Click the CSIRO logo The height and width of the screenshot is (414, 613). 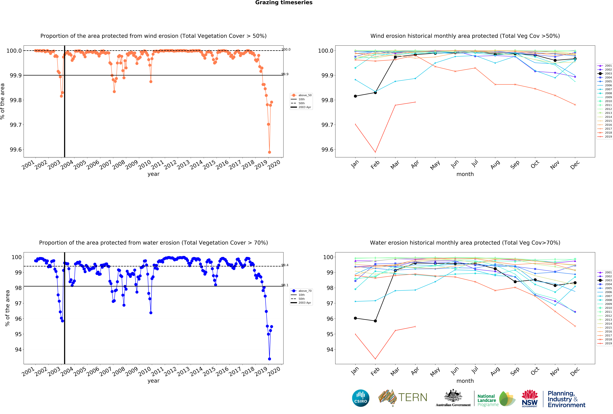pos(361,398)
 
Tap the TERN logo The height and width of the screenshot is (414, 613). pos(403,397)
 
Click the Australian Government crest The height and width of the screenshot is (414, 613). pos(453,397)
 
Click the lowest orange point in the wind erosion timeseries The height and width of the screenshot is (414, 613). pos(269,152)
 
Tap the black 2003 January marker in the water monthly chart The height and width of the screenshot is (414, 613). pos(355,318)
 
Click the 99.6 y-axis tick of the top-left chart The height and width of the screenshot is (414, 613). pos(16,150)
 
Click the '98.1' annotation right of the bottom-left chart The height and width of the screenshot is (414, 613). pos(285,285)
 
